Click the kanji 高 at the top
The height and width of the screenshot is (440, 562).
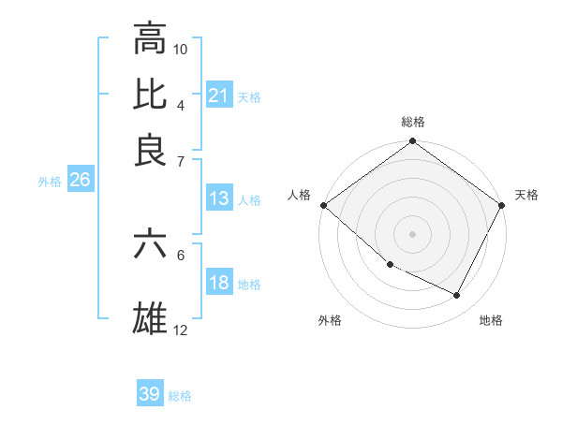pyautogui.click(x=150, y=38)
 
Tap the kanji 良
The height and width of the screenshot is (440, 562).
pyautogui.click(x=150, y=150)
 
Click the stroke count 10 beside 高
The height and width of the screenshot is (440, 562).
pyautogui.click(x=181, y=49)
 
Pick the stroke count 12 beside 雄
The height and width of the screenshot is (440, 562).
pyautogui.click(x=181, y=330)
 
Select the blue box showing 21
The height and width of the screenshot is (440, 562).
pyautogui.click(x=218, y=95)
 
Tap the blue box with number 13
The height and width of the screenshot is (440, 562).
pyautogui.click(x=218, y=198)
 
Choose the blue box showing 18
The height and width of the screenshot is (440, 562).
pyautogui.click(x=218, y=284)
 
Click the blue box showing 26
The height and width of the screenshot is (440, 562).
pyautogui.click(x=80, y=181)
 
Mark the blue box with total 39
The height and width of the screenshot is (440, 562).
pyautogui.click(x=150, y=394)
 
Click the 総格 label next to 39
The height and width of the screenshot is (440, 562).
pyautogui.click(x=180, y=396)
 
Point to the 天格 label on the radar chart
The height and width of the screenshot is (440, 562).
pyautogui.click(x=526, y=195)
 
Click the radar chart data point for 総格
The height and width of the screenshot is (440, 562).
pyautogui.click(x=412, y=142)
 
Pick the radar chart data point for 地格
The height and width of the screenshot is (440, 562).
pyautogui.click(x=457, y=296)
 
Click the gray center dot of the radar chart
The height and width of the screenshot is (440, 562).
pyautogui.click(x=412, y=234)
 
